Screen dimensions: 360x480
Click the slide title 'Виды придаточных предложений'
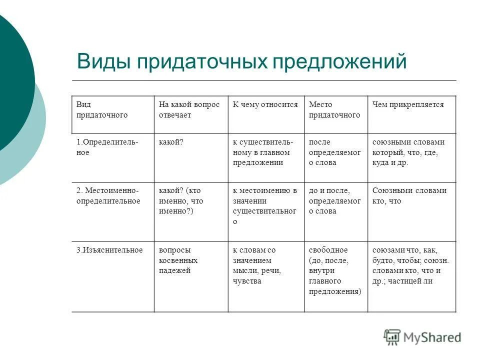[x=242, y=62]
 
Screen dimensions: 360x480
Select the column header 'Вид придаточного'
[x=102, y=110]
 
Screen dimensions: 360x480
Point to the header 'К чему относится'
[x=265, y=105]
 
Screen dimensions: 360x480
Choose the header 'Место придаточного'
[x=334, y=110]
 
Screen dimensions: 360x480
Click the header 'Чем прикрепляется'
[x=408, y=105]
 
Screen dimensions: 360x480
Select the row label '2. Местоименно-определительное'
[x=108, y=196]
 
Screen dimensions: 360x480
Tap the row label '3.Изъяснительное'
[x=109, y=250]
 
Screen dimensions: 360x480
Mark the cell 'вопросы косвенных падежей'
[x=178, y=260]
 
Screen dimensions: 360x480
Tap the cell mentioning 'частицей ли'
[x=410, y=265]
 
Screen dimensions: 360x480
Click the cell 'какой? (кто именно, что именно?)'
[x=181, y=201]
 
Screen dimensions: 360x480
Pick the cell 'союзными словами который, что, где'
[x=408, y=152]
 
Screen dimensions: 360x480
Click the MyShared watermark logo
[x=422, y=337]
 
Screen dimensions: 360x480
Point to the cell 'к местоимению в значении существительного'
[x=265, y=205]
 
